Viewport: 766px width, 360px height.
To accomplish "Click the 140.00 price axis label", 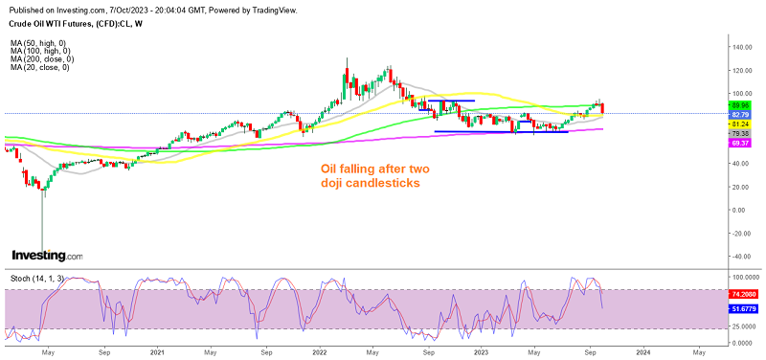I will (x=739, y=46).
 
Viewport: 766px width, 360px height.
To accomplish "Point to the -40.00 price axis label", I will (x=738, y=256).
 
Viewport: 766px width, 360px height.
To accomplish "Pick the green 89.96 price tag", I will (x=739, y=104).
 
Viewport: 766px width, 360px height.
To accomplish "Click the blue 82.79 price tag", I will (x=739, y=114).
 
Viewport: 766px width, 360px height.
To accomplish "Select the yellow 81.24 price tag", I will (x=739, y=124).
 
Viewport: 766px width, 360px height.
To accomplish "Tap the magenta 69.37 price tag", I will (x=739, y=143).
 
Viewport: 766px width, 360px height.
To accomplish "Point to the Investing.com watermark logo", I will (x=47, y=256).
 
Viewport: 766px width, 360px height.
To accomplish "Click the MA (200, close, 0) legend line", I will (x=39, y=59).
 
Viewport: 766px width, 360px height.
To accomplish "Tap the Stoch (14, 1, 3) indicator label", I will (x=37, y=278).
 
